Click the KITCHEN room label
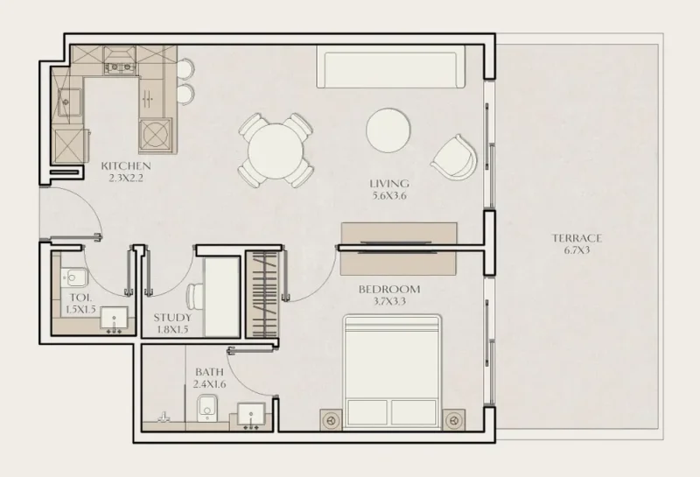[126, 165]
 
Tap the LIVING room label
[389, 183]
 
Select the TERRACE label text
[577, 237]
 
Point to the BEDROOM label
[388, 289]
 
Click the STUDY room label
[171, 317]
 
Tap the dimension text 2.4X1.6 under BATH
[209, 382]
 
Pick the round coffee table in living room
[388, 130]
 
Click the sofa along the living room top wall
[389, 68]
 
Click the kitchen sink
[67, 102]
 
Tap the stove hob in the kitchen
[156, 136]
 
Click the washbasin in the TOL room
[113, 319]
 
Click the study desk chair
[195, 297]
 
